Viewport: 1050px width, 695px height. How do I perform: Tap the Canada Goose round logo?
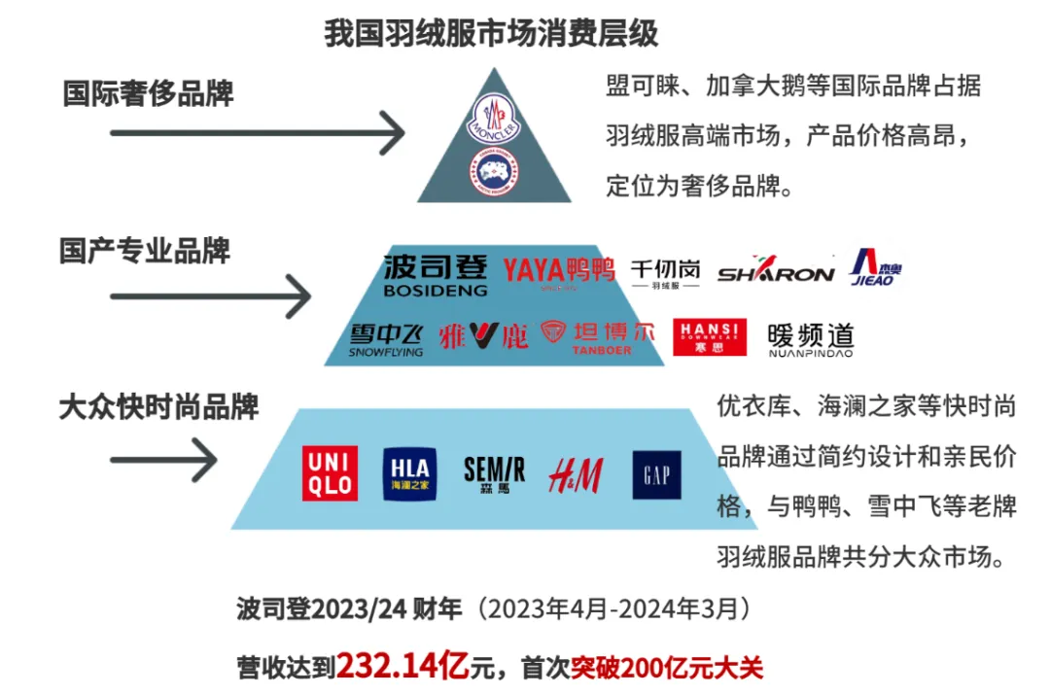pyautogui.click(x=494, y=173)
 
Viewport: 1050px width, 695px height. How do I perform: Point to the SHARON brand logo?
pyautogui.click(x=776, y=272)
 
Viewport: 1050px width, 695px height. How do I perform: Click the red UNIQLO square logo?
pyautogui.click(x=331, y=472)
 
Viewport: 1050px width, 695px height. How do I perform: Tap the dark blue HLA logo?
pyautogui.click(x=409, y=473)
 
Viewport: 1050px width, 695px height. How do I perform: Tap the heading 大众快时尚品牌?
pyautogui.click(x=158, y=406)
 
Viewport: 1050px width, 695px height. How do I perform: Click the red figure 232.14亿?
pyautogui.click(x=403, y=667)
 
